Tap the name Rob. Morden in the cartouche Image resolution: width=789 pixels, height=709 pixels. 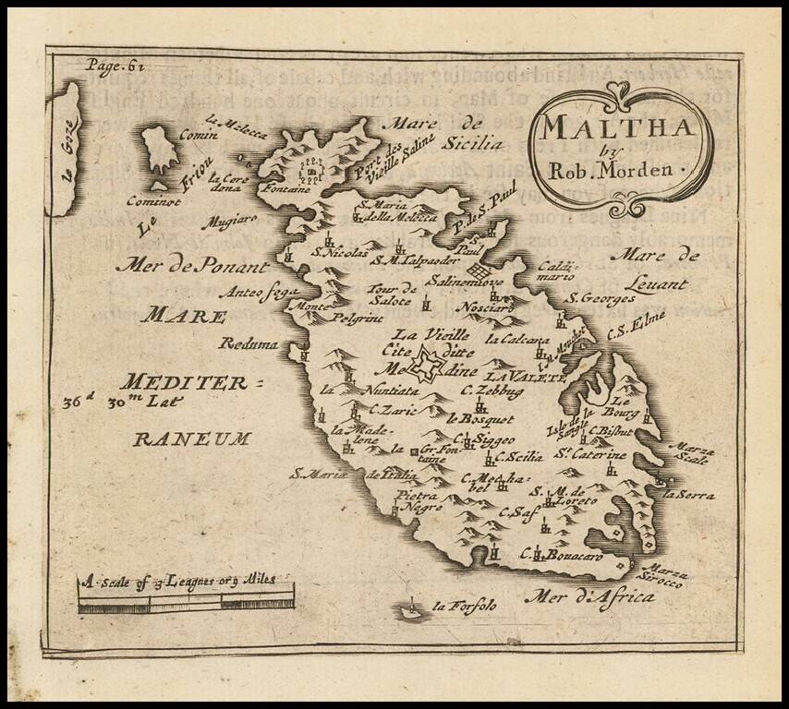[624, 170]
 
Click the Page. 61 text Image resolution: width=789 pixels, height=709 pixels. [115, 65]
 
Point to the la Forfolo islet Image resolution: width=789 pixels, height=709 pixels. [407, 608]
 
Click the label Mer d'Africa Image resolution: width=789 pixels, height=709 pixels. [589, 598]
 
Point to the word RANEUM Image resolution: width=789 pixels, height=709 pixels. [191, 439]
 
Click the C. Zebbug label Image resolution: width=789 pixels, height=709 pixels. [492, 391]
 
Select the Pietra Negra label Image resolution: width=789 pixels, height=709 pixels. [419, 500]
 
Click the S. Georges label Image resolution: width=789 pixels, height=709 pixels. [601, 297]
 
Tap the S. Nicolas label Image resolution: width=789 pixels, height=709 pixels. [340, 251]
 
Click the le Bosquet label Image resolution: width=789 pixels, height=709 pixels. [480, 418]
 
